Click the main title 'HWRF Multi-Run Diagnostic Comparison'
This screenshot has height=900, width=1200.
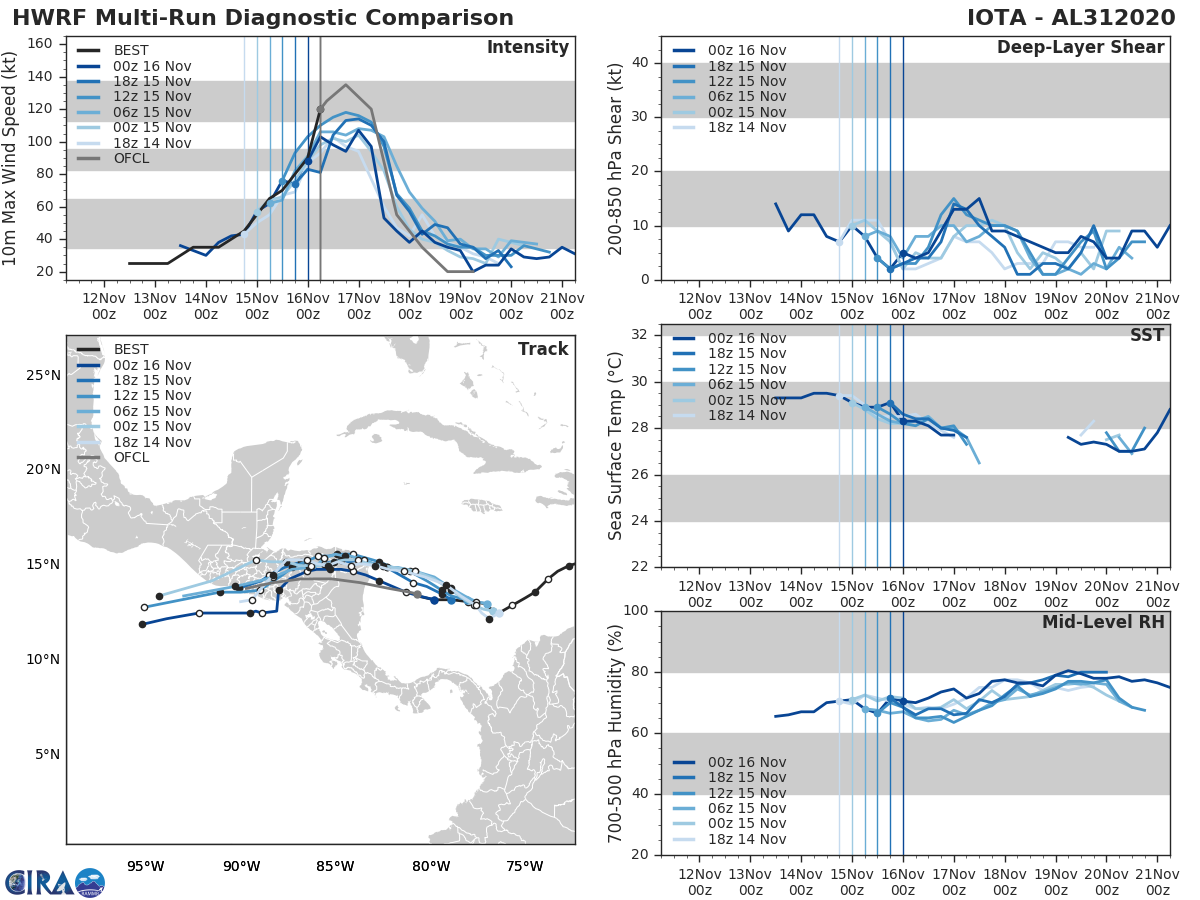click(x=263, y=18)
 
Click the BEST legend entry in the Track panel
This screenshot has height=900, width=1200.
click(x=131, y=349)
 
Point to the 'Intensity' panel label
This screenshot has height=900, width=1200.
click(x=527, y=48)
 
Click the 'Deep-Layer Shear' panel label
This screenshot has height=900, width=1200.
click(x=1080, y=48)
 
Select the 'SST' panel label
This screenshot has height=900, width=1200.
click(x=1147, y=335)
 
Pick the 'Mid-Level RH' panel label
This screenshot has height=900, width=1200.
click(x=1103, y=622)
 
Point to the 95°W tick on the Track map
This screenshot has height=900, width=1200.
click(x=145, y=866)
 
